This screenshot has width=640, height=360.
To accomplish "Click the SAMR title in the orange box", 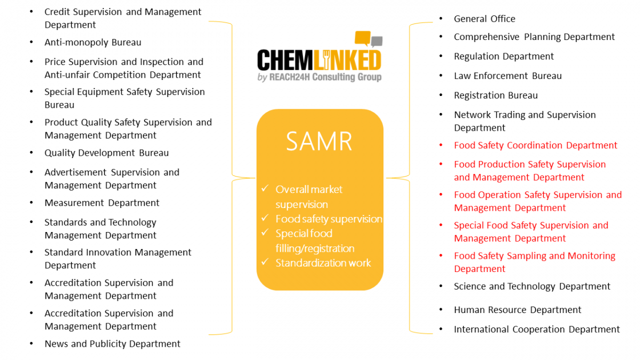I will coord(319,141).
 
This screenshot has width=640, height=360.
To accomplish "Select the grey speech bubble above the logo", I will coord(377,41).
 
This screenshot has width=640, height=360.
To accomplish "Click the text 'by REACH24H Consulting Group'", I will coord(319,77).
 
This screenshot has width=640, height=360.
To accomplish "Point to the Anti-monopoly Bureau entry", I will coord(93,42).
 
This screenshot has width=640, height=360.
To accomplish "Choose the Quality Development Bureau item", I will coord(107,153).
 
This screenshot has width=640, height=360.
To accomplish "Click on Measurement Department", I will coord(102,203).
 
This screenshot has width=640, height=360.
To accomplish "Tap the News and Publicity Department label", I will coord(113,344).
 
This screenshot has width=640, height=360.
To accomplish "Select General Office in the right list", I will coord(484,19).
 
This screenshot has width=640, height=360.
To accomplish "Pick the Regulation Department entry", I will coord(503,57).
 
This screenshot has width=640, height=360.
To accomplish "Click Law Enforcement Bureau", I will coord(508,76).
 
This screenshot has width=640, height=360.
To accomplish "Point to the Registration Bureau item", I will coord(495,95).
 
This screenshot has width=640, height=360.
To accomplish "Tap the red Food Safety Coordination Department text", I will coord(535,146).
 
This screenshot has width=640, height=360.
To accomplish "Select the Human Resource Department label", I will coord(517,310).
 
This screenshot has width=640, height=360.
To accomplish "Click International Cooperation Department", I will coord(537,330).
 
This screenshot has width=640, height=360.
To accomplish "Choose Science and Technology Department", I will coord(532,286).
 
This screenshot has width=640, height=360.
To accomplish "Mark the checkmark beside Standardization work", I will coord(265,262).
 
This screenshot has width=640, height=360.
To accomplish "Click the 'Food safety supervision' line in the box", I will coord(329,219).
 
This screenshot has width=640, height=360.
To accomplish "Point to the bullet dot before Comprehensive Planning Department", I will coord(441,37).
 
